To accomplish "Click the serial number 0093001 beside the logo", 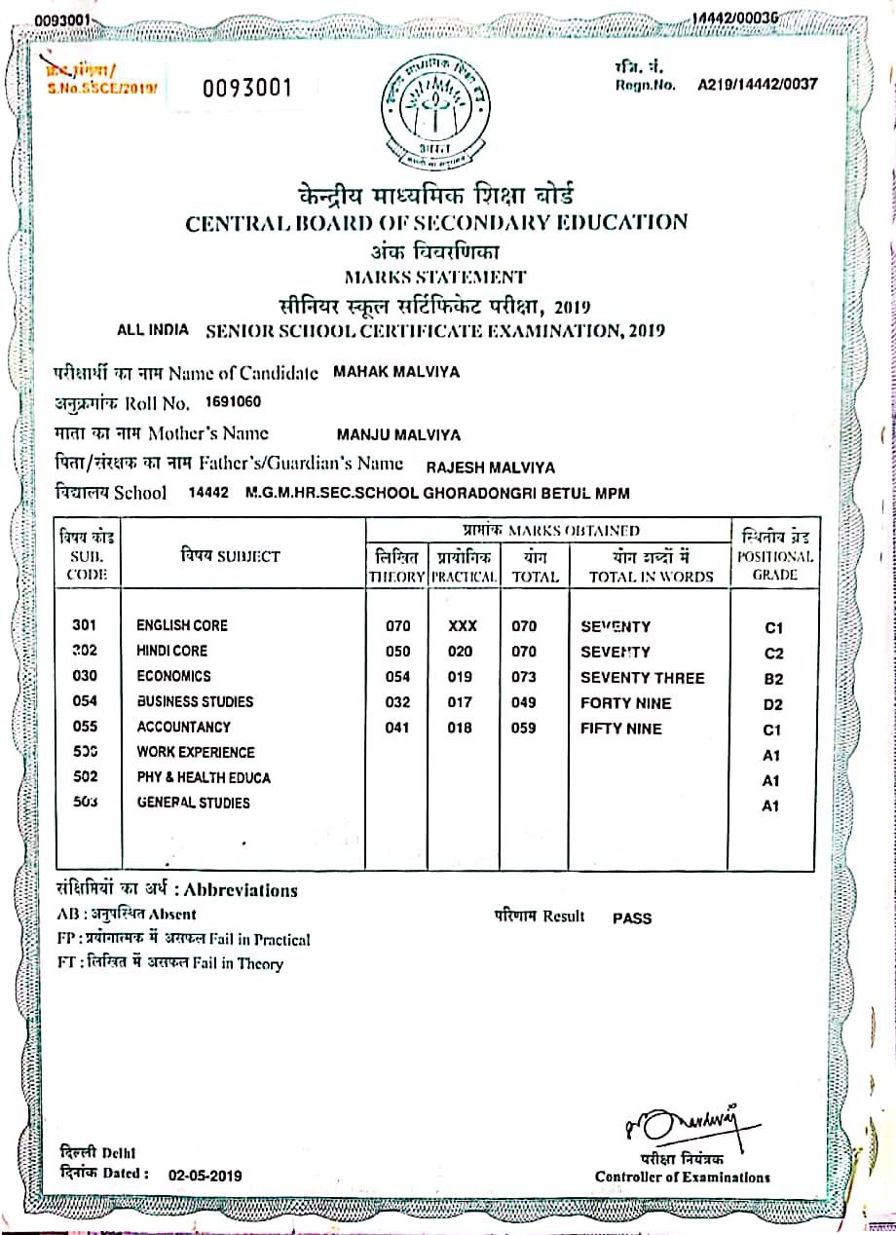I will pyautogui.click(x=247, y=89).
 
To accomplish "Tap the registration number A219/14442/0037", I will pyautogui.click(x=758, y=84).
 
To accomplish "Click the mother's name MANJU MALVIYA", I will pyautogui.click(x=398, y=435).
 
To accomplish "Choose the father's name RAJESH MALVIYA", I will pyautogui.click(x=492, y=467).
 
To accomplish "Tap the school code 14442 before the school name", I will pyautogui.click(x=208, y=494).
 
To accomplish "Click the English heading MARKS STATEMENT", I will pyautogui.click(x=435, y=277).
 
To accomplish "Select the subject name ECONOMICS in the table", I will pyautogui.click(x=173, y=676).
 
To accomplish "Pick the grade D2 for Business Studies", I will pyautogui.click(x=773, y=704).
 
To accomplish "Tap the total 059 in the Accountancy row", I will pyautogui.click(x=524, y=728).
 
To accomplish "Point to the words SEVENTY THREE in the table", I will pyautogui.click(x=642, y=678).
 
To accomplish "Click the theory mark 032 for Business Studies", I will pyautogui.click(x=398, y=702).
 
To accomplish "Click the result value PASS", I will pyautogui.click(x=632, y=918).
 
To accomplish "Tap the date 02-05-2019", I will pyautogui.click(x=205, y=1176).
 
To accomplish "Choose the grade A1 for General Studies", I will pyautogui.click(x=771, y=805).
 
